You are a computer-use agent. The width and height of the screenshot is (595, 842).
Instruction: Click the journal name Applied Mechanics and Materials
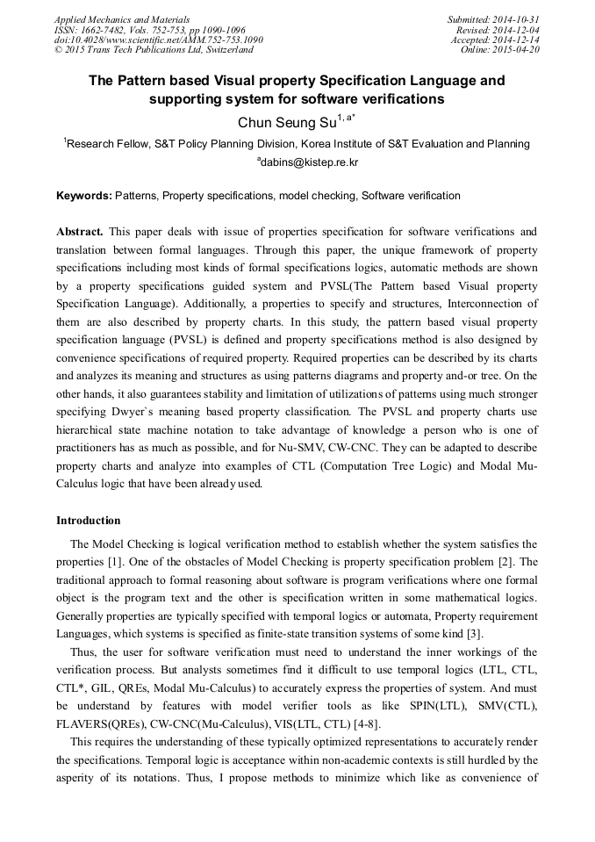click(122, 19)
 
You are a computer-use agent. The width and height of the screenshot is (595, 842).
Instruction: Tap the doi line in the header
click(158, 40)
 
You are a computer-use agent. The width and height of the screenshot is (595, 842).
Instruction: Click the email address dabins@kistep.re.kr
click(309, 162)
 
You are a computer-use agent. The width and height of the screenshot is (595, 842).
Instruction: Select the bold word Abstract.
click(79, 232)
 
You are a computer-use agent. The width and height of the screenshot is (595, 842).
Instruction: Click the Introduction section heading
click(89, 521)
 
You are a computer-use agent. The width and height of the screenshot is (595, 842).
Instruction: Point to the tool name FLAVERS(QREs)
click(103, 690)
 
